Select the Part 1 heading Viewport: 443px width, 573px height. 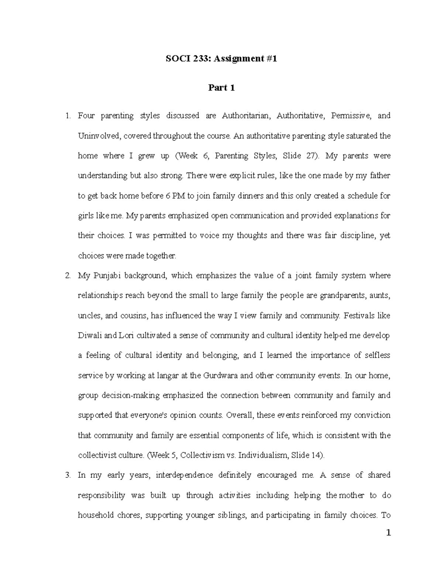click(x=221, y=88)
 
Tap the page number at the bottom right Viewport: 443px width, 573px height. click(x=388, y=533)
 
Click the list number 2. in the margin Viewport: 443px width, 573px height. click(x=68, y=276)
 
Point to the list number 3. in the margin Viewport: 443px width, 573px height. click(x=68, y=475)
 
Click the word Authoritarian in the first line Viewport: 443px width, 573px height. click(x=246, y=116)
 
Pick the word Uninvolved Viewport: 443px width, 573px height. click(x=98, y=136)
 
